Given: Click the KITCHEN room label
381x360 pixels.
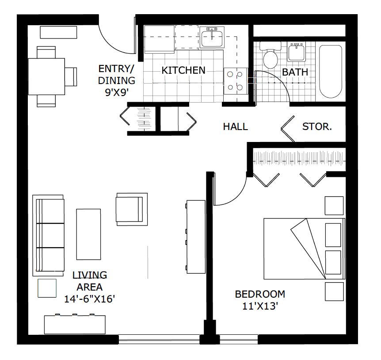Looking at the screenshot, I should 183,70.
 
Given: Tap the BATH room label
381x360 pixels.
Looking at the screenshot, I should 295,72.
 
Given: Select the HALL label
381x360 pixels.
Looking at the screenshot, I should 235,127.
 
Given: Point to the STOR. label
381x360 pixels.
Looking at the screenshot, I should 317,127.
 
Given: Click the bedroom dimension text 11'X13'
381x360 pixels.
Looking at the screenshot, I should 259,306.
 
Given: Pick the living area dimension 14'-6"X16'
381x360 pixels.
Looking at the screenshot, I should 90,299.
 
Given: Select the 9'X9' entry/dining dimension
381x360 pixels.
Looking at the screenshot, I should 116,92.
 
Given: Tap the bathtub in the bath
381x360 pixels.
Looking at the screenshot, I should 331,71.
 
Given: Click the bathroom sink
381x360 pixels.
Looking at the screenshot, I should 297,52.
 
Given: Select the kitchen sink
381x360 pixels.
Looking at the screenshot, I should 212,38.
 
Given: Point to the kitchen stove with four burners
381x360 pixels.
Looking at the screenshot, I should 235,81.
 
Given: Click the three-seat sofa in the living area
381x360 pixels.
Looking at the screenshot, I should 49,235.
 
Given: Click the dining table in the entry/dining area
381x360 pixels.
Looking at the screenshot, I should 46,76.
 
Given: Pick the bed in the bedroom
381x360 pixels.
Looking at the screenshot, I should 304,249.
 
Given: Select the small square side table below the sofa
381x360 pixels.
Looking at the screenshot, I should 47,288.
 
